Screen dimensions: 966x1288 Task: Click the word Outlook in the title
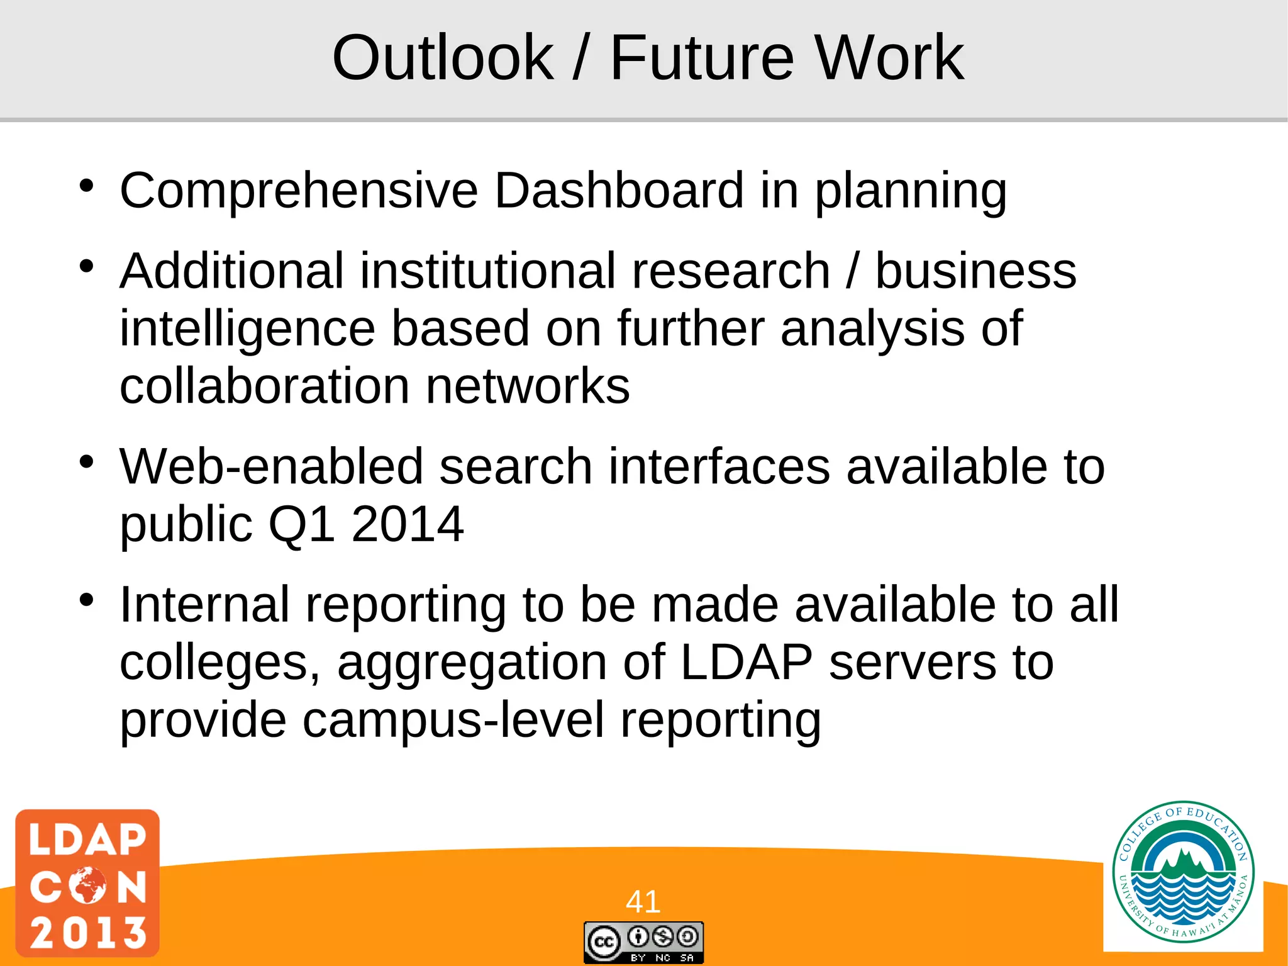pos(443,58)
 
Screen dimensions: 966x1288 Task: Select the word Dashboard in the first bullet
pos(619,190)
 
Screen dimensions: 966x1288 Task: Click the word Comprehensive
pos(299,191)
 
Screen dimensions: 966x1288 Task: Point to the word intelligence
pos(247,329)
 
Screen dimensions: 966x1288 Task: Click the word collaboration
pos(264,386)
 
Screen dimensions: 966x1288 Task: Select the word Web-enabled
pos(271,466)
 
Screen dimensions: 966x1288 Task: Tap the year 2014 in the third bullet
pos(408,524)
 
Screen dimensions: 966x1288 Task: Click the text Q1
pos(301,525)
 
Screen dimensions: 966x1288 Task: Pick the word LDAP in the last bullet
pos(747,662)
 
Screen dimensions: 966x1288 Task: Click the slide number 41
pos(643,901)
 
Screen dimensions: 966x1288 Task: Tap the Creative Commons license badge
pos(643,942)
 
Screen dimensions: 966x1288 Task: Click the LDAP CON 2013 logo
pos(87,882)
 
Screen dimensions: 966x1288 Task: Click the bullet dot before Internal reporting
pos(87,599)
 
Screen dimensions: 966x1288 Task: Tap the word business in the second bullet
pos(975,271)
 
